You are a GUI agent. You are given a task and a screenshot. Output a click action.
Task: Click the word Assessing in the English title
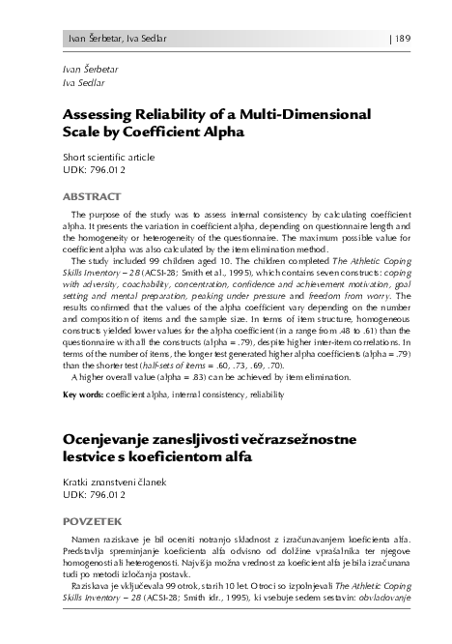point(102,116)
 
